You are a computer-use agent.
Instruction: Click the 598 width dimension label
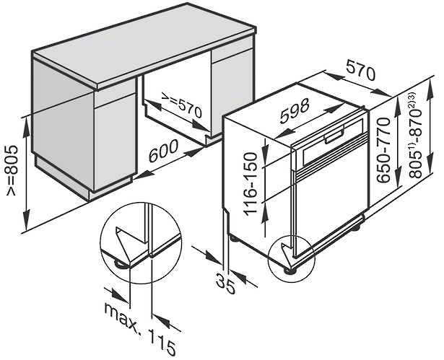295,111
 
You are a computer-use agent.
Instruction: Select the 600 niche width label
164,151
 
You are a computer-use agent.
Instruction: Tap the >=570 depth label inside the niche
181,105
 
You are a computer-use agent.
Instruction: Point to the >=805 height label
13,170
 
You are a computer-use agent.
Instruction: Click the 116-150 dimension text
251,184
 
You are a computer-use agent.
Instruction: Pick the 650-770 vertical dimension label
384,150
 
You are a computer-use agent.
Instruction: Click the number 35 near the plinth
225,283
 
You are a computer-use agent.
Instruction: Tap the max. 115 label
140,329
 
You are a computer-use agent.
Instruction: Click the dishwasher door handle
335,136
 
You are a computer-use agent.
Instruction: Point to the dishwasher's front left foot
290,271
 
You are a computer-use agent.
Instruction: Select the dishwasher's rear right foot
356,227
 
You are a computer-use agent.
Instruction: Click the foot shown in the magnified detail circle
121,264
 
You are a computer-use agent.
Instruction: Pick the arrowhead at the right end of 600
195,152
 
